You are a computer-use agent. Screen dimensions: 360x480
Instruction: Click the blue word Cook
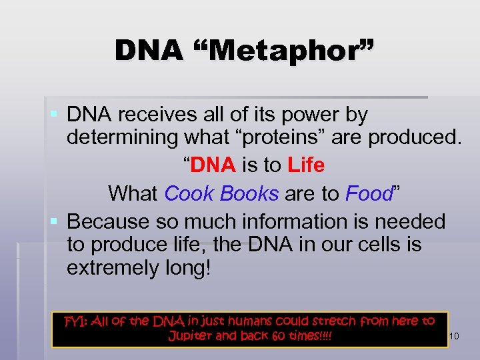[x=188, y=193]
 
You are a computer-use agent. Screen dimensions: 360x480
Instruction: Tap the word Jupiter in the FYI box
[x=193, y=335]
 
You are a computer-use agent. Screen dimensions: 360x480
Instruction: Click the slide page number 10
[x=454, y=337]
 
